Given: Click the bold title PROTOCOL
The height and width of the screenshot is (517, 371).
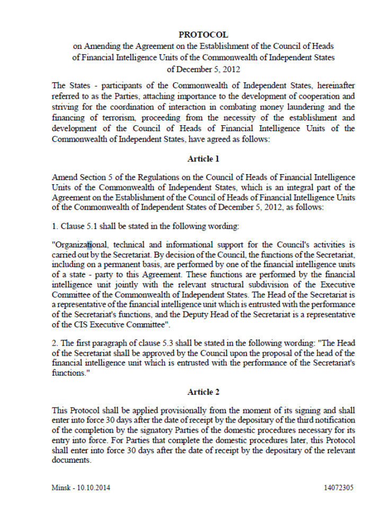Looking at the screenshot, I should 204,35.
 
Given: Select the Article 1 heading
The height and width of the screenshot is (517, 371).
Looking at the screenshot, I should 203,159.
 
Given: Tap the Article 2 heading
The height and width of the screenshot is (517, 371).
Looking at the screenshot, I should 203,392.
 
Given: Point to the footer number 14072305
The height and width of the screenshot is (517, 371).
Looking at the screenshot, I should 338,487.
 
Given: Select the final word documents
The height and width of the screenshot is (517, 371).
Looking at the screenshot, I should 71,461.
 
